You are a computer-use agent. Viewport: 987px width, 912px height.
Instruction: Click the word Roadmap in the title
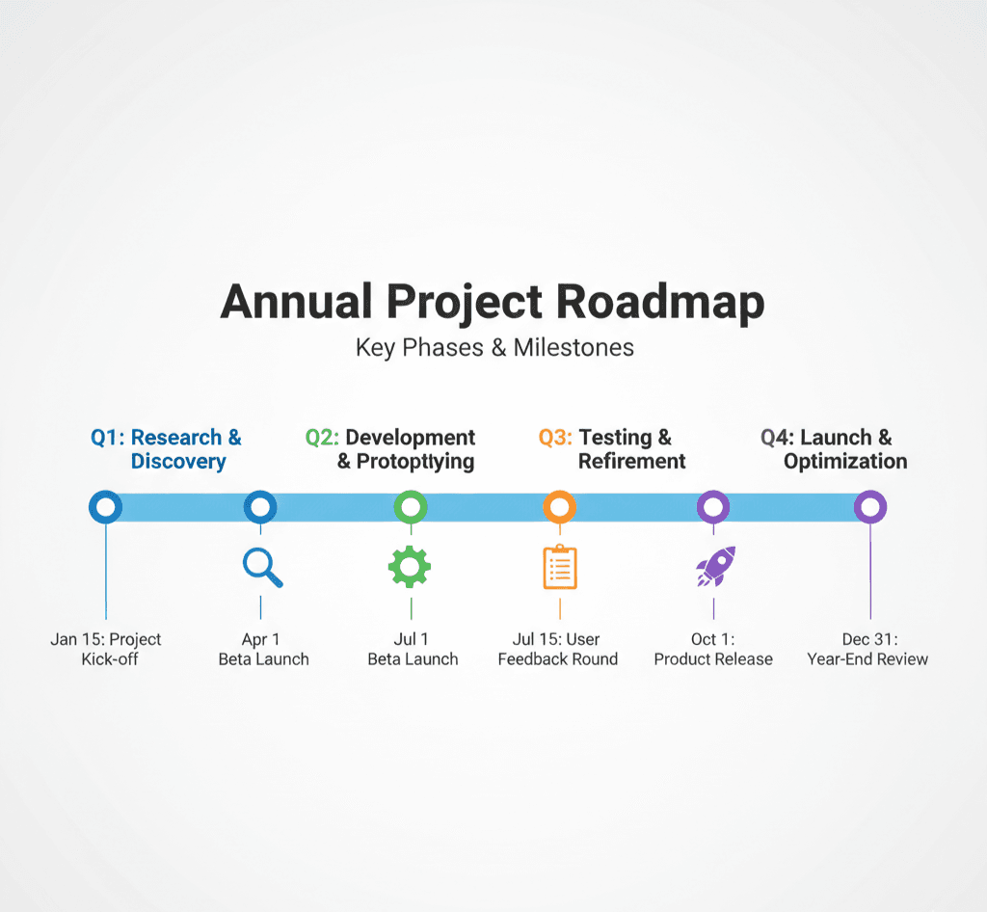(x=660, y=303)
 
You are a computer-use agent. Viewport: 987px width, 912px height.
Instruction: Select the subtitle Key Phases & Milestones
(x=494, y=347)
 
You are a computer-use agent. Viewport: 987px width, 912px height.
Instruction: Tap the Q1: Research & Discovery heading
(x=167, y=449)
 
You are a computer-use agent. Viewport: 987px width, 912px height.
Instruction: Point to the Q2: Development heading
(x=391, y=449)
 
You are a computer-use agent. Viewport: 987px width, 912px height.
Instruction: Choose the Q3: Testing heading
(x=605, y=449)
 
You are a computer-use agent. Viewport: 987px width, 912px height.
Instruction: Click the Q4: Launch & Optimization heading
(x=835, y=449)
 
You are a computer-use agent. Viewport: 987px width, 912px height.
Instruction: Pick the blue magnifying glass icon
(x=262, y=567)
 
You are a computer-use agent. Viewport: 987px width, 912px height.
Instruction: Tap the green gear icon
(x=410, y=567)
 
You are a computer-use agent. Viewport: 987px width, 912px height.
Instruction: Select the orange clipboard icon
(x=559, y=567)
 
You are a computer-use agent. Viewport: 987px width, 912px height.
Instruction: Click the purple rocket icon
(x=715, y=566)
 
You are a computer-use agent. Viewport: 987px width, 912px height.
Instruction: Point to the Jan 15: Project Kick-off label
(x=106, y=649)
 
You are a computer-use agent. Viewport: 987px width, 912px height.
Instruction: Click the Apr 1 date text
(x=260, y=639)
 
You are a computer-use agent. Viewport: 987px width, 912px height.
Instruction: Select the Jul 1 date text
(x=412, y=639)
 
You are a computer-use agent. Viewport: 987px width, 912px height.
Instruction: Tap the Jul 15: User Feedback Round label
(x=558, y=649)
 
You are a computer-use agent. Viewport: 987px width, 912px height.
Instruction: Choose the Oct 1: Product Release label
(x=713, y=649)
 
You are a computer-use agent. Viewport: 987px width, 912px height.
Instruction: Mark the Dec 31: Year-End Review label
(x=867, y=649)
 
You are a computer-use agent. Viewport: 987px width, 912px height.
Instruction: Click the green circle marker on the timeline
(x=411, y=506)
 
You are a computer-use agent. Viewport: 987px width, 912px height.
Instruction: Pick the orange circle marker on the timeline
(x=559, y=506)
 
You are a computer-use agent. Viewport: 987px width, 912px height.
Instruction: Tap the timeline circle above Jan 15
(x=105, y=506)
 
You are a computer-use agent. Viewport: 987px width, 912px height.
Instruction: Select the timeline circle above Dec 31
(x=870, y=506)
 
